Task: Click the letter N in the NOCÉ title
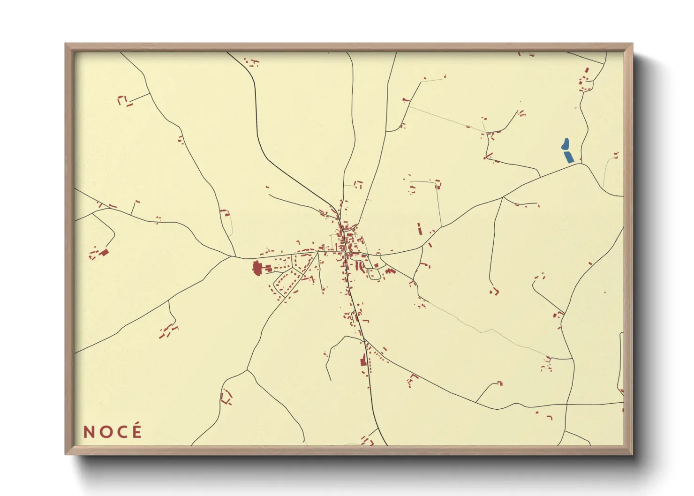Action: point(89,432)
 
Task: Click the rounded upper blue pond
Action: point(565,144)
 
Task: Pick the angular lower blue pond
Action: point(569,157)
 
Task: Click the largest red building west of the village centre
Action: point(257,269)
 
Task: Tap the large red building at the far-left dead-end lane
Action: point(104,252)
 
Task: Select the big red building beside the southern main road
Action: point(362,362)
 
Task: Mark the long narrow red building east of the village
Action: point(419,229)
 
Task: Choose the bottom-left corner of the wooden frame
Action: point(66,454)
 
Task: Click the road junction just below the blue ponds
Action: point(581,163)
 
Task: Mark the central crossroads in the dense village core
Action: point(346,253)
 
